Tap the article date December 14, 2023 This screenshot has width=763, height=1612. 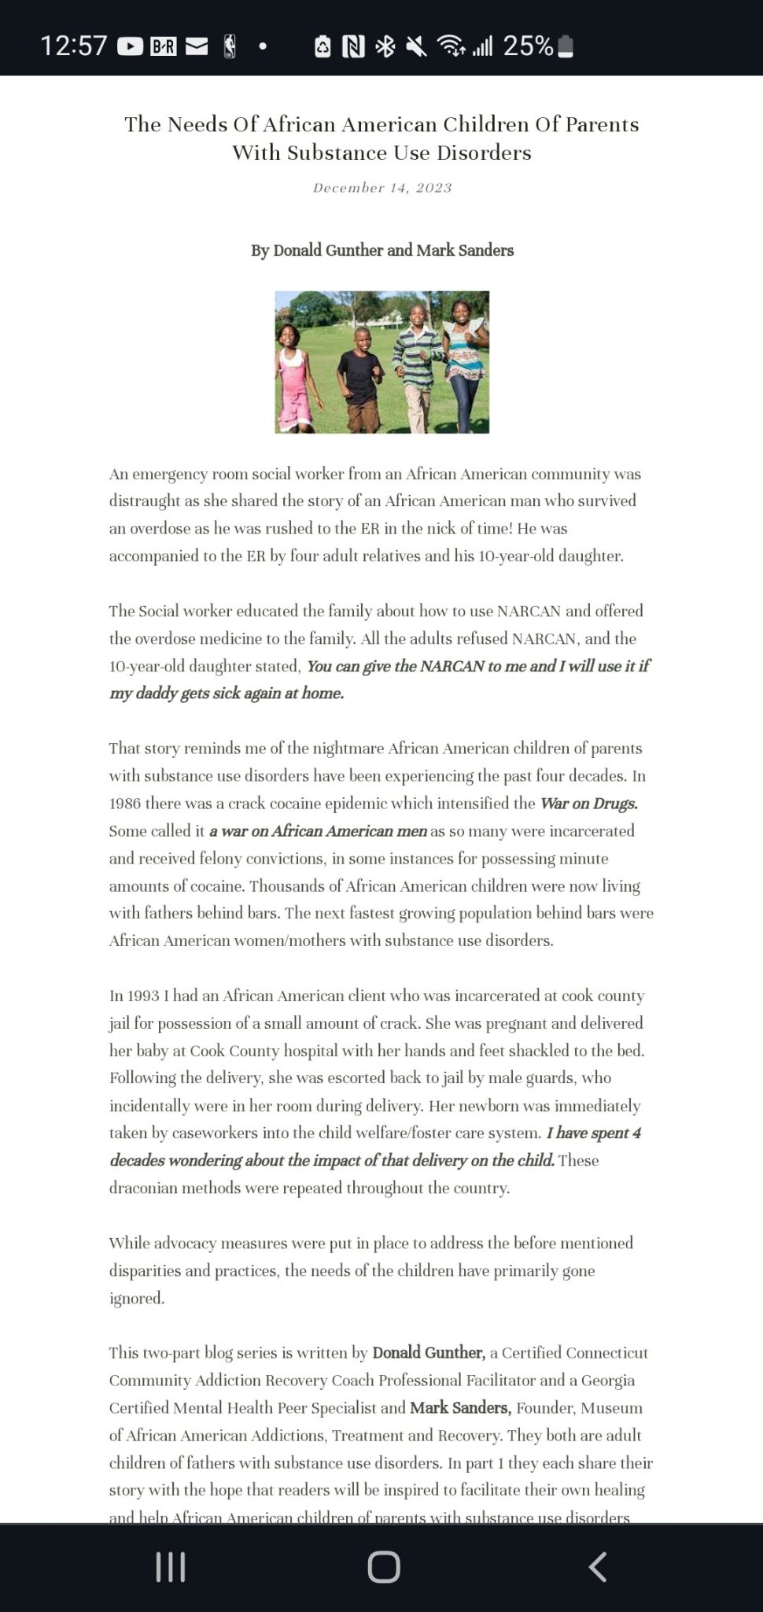tap(382, 188)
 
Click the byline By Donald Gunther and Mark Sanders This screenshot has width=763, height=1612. tap(382, 250)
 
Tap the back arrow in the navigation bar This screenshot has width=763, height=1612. tap(597, 1567)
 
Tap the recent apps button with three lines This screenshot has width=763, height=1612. tap(171, 1567)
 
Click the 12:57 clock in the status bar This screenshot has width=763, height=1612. tap(73, 46)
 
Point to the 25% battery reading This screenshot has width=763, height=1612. tap(528, 46)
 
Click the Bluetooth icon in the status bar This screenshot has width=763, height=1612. tap(385, 47)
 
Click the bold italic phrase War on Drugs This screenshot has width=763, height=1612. tap(588, 804)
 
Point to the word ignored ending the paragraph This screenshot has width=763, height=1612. tap(136, 1298)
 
